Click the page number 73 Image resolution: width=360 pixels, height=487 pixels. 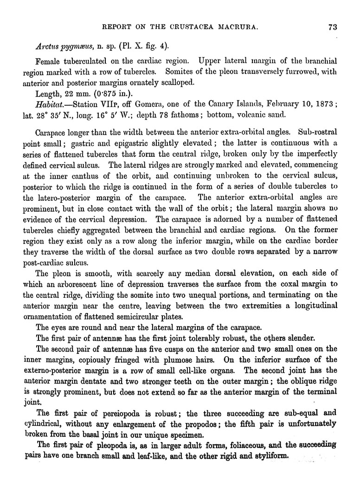pyautogui.click(x=332, y=26)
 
